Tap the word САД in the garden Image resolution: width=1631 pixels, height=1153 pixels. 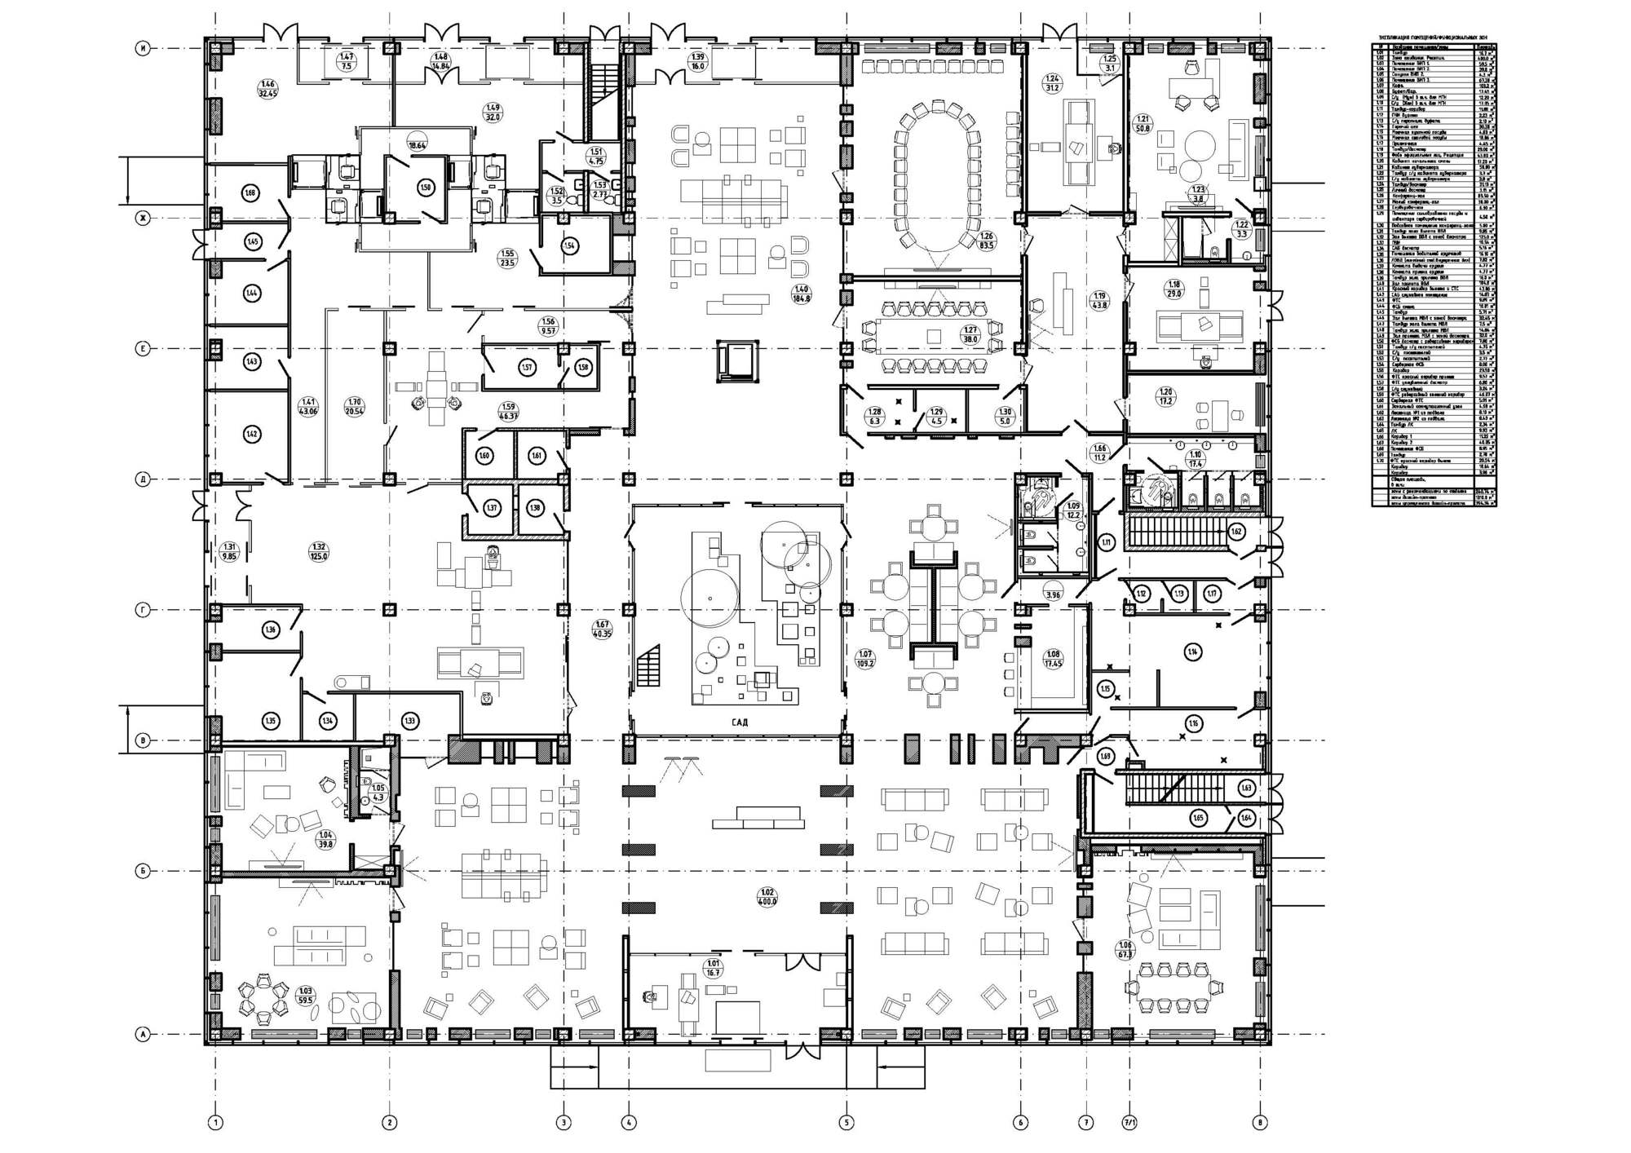(739, 722)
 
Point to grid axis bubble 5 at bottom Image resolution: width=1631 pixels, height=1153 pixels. (846, 1123)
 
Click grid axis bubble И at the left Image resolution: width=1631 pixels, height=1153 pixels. (144, 49)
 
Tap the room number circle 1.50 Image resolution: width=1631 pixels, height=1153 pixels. (425, 187)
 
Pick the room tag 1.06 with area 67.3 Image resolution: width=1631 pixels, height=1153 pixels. (1129, 949)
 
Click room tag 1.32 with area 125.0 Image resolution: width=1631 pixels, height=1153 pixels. (319, 551)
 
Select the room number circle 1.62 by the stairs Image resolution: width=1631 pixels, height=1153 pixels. (1236, 532)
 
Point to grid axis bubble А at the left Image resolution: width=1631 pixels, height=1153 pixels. (144, 1035)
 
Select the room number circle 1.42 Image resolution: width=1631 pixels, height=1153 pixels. (251, 435)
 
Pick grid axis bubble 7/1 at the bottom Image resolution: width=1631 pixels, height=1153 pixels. (1129, 1123)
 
